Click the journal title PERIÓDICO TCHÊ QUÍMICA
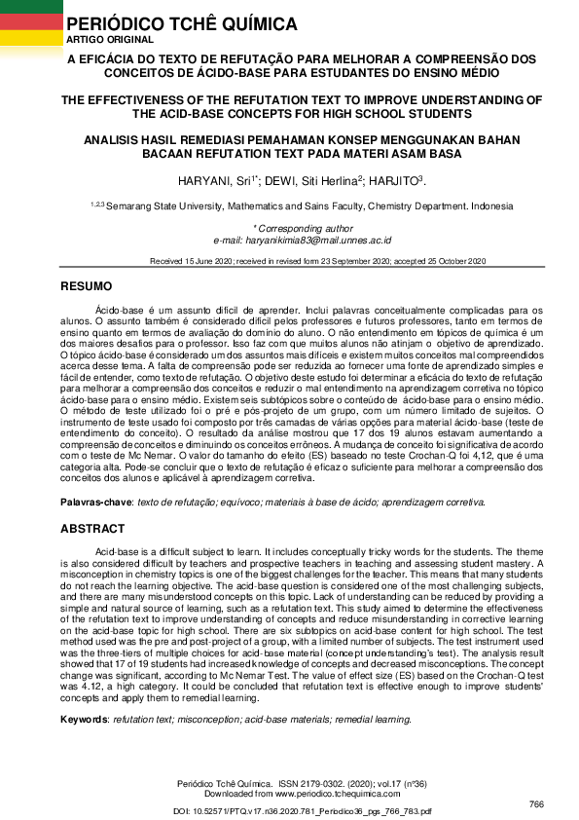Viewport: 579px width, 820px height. click(x=181, y=22)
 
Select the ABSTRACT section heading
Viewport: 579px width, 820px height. click(x=92, y=529)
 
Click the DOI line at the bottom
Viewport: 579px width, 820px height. click(x=289, y=810)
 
